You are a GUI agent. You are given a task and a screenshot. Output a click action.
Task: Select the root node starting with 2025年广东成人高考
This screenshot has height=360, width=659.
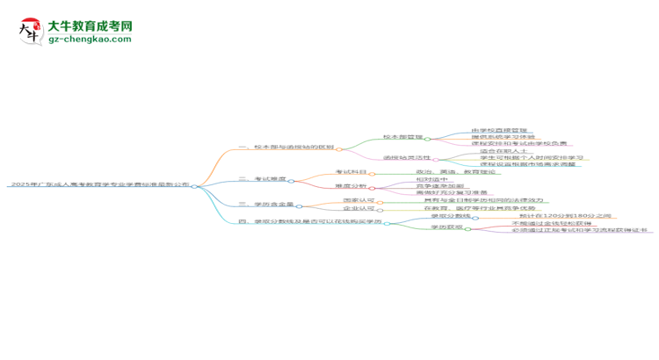point(98,185)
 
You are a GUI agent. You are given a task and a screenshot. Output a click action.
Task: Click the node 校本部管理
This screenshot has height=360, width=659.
point(403,137)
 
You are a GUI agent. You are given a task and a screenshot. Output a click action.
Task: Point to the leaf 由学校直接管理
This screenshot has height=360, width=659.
point(501,130)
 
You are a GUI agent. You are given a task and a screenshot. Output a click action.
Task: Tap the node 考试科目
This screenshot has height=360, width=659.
point(351,172)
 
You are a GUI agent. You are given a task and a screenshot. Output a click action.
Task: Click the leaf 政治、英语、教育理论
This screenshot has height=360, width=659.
point(454,172)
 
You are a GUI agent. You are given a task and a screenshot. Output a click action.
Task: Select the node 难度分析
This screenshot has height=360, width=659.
point(351,186)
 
